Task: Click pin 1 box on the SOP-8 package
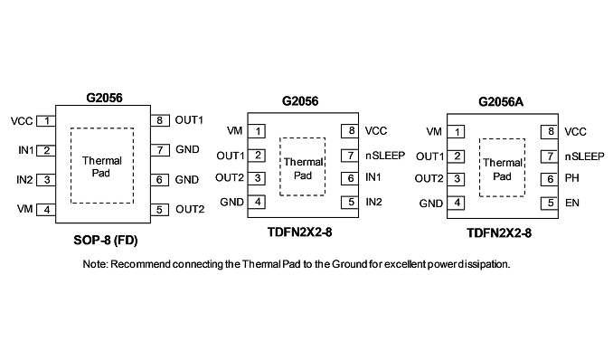(46, 121)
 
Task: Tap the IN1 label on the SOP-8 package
(26, 150)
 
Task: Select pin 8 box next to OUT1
(160, 120)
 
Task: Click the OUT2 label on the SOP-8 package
(190, 209)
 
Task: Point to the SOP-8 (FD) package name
(106, 240)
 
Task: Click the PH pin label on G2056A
(572, 178)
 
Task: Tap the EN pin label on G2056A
(572, 204)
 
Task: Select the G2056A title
(501, 101)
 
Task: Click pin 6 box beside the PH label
(550, 179)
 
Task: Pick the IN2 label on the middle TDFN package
(373, 202)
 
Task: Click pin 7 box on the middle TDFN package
(350, 156)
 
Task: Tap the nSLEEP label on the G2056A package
(584, 156)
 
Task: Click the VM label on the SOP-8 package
(24, 209)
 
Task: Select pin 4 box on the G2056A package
(456, 204)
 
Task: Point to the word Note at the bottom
(95, 264)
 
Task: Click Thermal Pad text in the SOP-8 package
(101, 166)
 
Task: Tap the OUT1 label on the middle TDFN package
(231, 156)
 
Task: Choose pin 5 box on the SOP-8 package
(159, 210)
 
